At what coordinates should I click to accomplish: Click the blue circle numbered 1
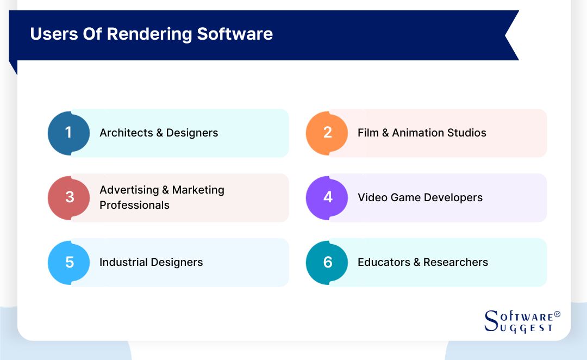tap(68, 133)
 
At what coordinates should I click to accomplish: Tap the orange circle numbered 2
tap(327, 133)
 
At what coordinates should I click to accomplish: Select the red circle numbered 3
tap(69, 197)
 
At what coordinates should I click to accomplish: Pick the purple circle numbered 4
tap(327, 197)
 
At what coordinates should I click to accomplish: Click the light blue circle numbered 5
tap(69, 262)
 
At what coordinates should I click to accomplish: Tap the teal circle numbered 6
tap(327, 262)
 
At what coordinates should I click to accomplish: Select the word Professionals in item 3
tap(134, 205)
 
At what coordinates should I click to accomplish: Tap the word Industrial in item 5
tap(123, 262)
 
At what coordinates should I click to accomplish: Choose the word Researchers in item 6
tap(455, 262)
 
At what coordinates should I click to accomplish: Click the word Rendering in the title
tap(150, 34)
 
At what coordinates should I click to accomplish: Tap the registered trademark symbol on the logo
tap(557, 314)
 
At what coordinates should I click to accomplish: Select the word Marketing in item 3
tap(198, 190)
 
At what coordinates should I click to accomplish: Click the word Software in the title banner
tap(235, 34)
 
